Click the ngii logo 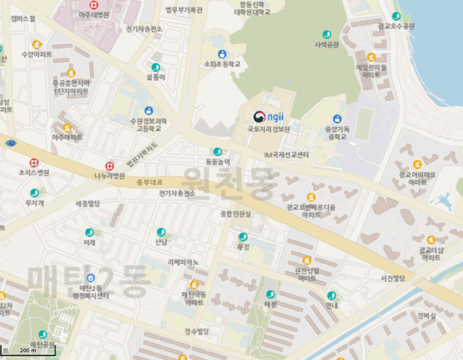point(268,117)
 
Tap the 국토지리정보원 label point(268,130)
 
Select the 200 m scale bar point(28,352)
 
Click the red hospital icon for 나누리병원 point(110,166)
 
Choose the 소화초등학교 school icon point(222,55)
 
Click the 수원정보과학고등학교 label point(148,125)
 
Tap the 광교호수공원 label point(396,26)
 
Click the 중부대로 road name point(146,183)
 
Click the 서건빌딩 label point(387,278)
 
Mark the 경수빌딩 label point(197,331)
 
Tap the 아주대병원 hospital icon point(94,5)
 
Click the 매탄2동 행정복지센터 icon point(91,278)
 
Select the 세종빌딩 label point(88,204)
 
